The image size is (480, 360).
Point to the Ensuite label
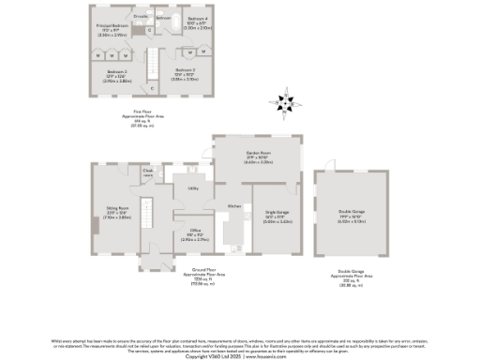pyautogui.click(x=141, y=17)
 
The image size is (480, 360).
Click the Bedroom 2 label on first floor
pyautogui.click(x=117, y=75)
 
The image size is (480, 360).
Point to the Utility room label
pyautogui.click(x=192, y=188)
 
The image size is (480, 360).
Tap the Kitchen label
pyautogui.click(x=234, y=205)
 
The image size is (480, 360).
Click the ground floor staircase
pyautogui.click(x=146, y=212)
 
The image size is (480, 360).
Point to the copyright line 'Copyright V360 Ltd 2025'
pyautogui.click(x=240, y=356)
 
